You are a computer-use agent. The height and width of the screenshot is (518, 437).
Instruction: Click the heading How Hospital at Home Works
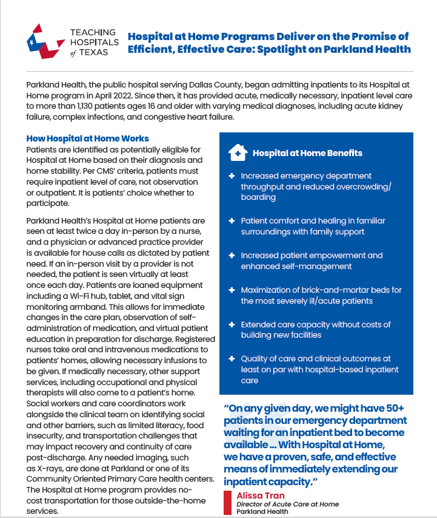coord(87,138)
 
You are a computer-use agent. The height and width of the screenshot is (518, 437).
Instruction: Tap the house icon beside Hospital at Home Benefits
coord(238,153)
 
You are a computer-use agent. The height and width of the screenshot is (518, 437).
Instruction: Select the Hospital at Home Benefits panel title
coord(307,153)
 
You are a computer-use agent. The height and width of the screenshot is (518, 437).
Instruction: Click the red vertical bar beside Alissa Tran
coord(228,502)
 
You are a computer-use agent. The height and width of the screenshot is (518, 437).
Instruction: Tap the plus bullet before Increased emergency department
coord(232,176)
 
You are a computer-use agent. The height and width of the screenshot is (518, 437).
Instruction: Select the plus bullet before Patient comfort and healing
coord(232,220)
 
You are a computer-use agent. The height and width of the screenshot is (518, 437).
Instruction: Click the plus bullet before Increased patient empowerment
coord(232,256)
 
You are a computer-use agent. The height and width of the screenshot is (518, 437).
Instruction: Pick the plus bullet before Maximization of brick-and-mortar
coord(232,290)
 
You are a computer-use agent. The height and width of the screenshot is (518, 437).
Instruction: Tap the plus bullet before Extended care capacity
coord(232,325)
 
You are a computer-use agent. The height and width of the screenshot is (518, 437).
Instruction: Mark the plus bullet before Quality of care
coord(232,359)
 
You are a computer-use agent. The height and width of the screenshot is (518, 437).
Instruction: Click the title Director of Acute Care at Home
coord(287,504)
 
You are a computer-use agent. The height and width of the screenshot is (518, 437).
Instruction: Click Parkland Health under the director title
coord(262,511)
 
